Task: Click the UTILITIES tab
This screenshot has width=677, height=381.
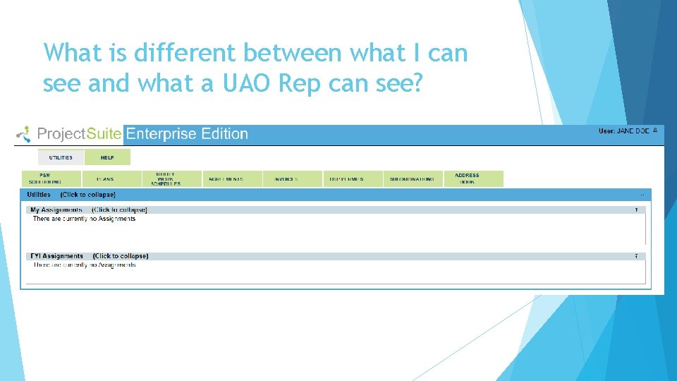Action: [x=61, y=157]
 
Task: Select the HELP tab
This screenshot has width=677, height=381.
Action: [x=107, y=157]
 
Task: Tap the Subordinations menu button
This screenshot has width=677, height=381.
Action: [x=413, y=179]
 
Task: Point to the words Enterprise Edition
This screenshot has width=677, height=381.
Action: [x=186, y=134]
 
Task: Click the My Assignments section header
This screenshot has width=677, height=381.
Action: [x=56, y=210]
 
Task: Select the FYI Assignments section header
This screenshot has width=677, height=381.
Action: [x=57, y=256]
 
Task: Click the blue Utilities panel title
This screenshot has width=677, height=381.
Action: [x=39, y=194]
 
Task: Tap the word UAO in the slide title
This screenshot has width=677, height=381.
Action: [x=245, y=83]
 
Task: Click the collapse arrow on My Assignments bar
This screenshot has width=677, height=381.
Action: [x=636, y=210]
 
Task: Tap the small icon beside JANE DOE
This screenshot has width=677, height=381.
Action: [x=656, y=131]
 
